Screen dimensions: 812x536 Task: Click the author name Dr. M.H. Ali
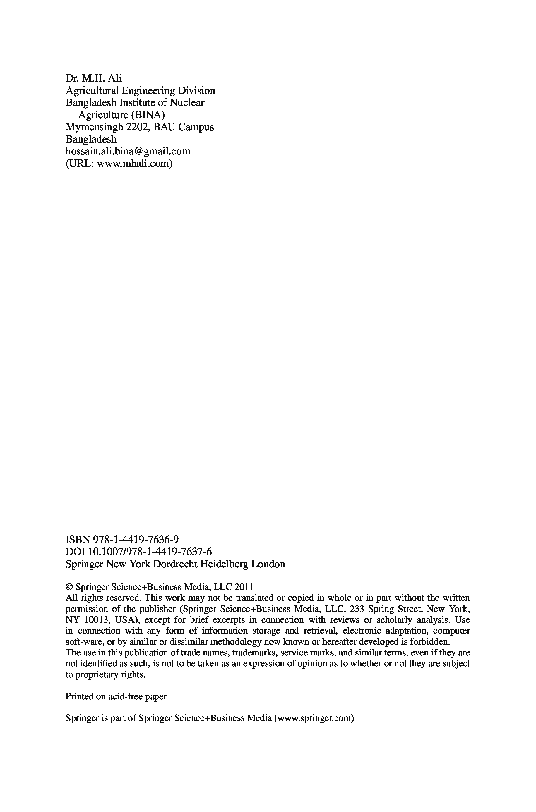pos(93,79)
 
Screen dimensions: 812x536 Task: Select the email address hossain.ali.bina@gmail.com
pos(128,151)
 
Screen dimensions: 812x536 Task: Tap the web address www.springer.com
pos(314,718)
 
